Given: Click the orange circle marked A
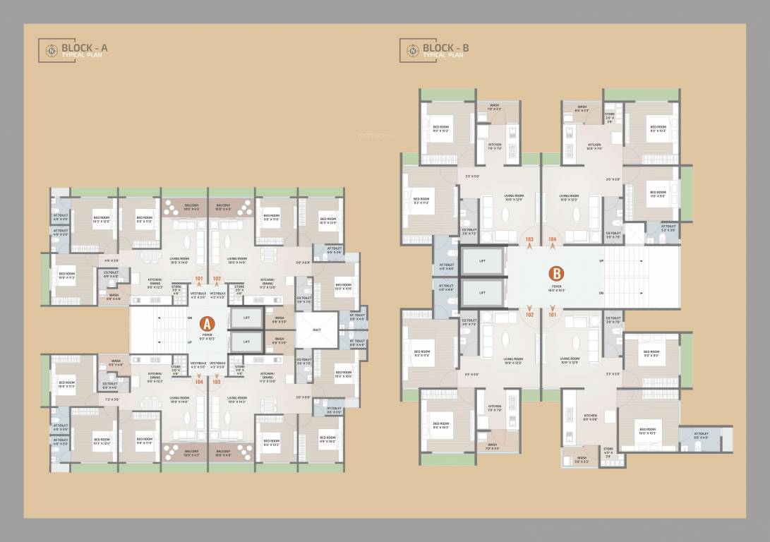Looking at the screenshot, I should (x=207, y=323).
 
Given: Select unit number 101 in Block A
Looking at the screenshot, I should (x=199, y=278).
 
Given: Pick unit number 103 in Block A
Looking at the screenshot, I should (x=217, y=382).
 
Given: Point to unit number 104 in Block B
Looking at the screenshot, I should (x=552, y=239).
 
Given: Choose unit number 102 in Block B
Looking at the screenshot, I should (x=529, y=315).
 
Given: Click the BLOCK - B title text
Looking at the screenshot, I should (x=445, y=48).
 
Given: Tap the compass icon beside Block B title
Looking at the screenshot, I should (x=409, y=50).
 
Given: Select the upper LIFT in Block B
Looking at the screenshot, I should (x=482, y=261).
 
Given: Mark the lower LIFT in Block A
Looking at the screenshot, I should (x=247, y=342).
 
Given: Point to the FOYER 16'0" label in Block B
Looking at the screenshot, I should (x=556, y=288).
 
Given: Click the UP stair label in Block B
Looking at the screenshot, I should (x=601, y=261).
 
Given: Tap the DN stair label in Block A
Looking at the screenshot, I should (x=190, y=318).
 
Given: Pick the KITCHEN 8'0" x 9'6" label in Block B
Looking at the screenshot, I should (x=590, y=417).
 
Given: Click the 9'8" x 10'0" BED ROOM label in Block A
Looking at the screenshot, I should (x=327, y=440).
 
